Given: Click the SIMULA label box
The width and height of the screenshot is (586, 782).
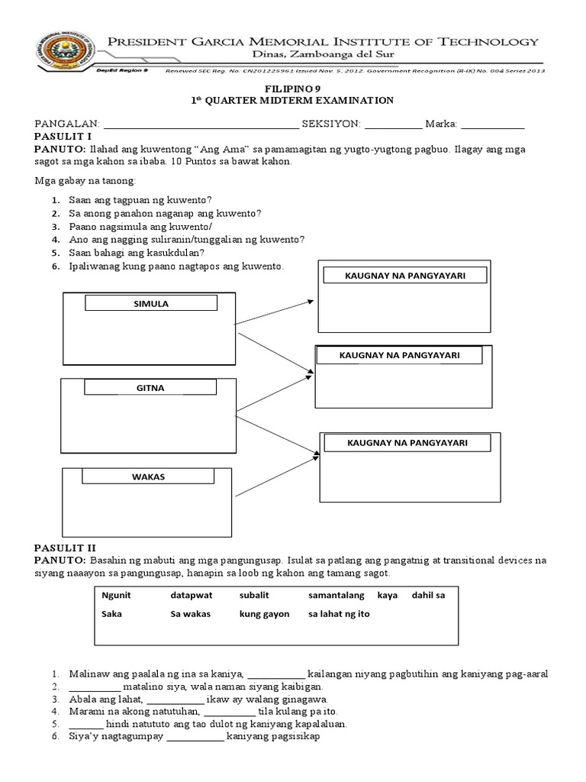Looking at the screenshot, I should tap(150, 304).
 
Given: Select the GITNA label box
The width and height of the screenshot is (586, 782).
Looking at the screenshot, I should tap(150, 388).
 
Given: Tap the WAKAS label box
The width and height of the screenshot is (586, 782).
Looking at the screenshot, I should tap(151, 477).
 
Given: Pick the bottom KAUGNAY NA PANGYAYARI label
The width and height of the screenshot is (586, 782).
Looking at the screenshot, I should tap(407, 443).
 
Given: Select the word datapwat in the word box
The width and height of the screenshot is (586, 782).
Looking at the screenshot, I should tap(191, 595).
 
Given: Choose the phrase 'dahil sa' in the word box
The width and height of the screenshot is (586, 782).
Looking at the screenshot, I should tap(428, 595).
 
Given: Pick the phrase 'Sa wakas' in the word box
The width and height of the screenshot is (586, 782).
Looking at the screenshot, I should tap(191, 614).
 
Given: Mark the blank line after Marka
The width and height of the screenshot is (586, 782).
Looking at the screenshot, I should tap(493, 125).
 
